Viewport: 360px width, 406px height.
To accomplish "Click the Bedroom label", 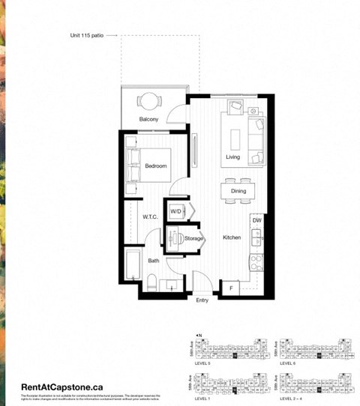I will coord(156,166).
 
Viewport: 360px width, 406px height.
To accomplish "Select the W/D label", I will coord(176,212).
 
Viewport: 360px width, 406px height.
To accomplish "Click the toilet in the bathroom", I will coord(153,283).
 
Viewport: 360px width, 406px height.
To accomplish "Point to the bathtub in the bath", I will coord(133,267).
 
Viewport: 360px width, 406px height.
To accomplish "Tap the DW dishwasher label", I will coord(256,220).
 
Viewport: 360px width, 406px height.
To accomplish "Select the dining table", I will coord(238,191).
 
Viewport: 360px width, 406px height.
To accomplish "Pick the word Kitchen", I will coord(232,237).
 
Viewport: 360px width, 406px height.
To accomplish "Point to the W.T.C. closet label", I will coord(149,217).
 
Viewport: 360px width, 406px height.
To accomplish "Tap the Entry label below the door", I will coord(202,301).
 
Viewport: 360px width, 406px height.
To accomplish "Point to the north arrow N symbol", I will coord(198,335).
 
